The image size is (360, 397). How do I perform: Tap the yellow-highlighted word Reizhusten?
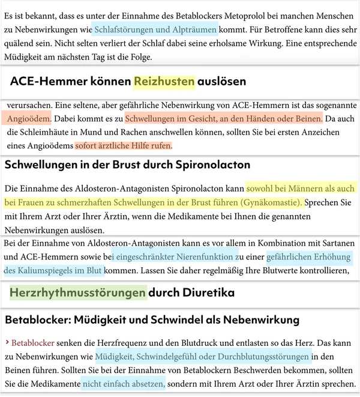[x=164, y=82]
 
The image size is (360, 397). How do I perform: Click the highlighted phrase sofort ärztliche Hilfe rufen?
[x=124, y=146]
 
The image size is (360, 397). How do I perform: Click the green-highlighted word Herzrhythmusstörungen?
[x=79, y=293]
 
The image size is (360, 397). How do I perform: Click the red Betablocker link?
[x=32, y=343]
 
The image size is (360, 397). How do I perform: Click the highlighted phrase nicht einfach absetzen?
[x=123, y=384]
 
